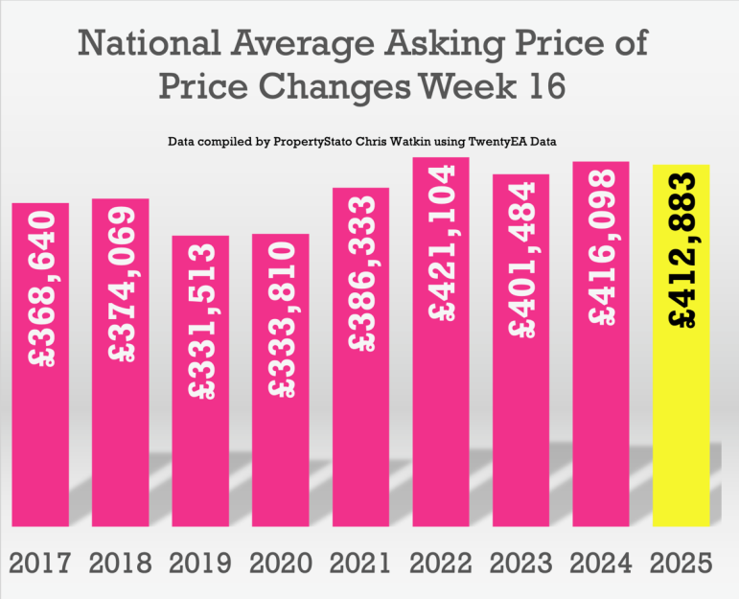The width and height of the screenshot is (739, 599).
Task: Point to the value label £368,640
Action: click(x=41, y=288)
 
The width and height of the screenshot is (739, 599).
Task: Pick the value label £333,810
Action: click(x=281, y=320)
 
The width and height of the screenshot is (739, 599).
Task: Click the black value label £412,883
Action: click(x=681, y=250)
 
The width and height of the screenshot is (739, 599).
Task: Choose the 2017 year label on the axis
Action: click(x=41, y=562)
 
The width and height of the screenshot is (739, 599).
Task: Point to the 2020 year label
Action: click(x=281, y=562)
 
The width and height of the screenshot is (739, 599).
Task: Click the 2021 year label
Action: click(x=361, y=562)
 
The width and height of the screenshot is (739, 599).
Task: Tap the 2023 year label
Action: click(x=521, y=562)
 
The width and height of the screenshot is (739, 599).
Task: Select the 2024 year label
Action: click(x=601, y=562)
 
